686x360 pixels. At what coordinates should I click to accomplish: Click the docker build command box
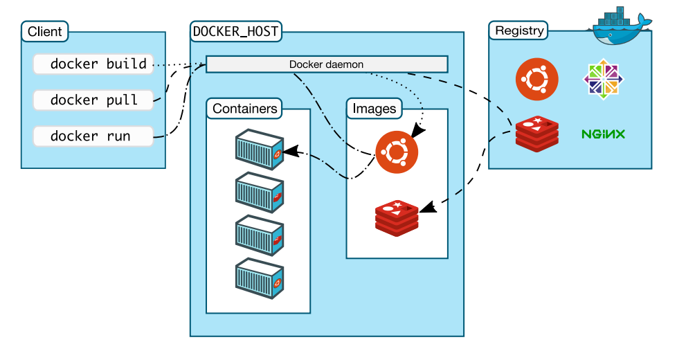92,64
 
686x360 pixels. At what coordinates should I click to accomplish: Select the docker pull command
92,100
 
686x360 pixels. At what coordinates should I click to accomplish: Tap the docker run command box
92,136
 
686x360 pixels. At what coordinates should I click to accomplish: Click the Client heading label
45,31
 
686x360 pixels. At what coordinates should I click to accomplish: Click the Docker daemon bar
327,64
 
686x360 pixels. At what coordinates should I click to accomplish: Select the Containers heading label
245,109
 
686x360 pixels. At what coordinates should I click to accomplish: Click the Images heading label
374,109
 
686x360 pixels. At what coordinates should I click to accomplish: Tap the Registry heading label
519,31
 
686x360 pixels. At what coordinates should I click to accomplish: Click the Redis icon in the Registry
536,134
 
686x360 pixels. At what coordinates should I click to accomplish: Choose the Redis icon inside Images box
397,217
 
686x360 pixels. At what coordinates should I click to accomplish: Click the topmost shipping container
259,147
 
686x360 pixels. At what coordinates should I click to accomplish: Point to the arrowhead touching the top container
291,150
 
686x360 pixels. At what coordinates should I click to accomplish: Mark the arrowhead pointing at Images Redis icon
427,206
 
